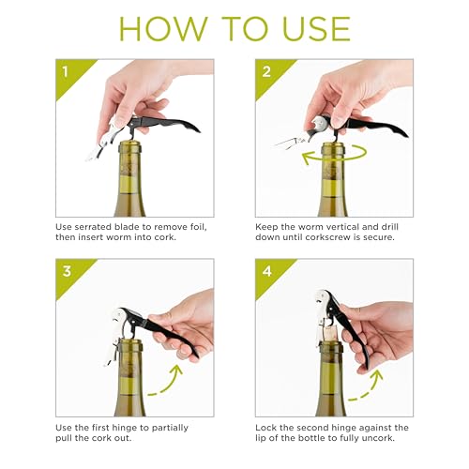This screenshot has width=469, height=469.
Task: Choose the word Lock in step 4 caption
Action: (x=267, y=428)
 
